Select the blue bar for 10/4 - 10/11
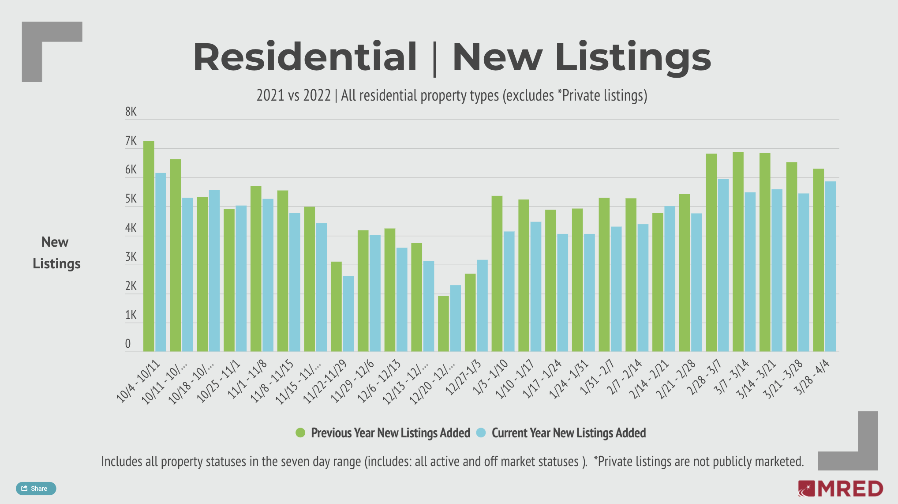tap(161, 262)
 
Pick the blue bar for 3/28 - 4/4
tap(831, 267)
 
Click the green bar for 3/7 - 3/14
tap(738, 252)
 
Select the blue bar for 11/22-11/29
tap(348, 314)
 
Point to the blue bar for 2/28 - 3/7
tap(723, 265)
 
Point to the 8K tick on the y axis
tap(131, 112)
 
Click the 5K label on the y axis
tap(131, 199)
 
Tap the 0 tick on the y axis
tap(128, 344)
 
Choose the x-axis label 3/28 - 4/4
tap(812, 377)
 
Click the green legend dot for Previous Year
tap(300, 433)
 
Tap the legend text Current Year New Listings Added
tap(569, 433)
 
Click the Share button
tap(36, 489)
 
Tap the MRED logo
tap(841, 489)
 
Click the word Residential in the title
tap(305, 57)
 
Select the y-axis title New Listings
tap(56, 252)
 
